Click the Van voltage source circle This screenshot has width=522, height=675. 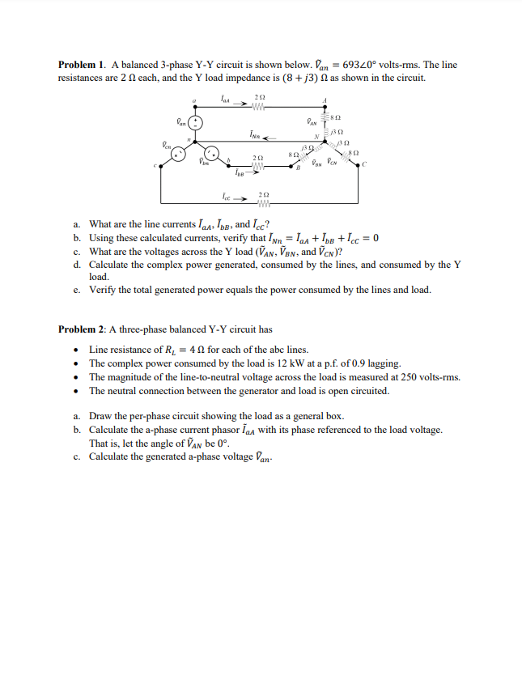coord(194,122)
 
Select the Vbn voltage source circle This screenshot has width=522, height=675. coord(213,154)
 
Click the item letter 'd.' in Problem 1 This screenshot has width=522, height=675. coord(75,265)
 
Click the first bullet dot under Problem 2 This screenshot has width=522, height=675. coord(75,350)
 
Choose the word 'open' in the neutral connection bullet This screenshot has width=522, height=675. coord(317,390)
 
